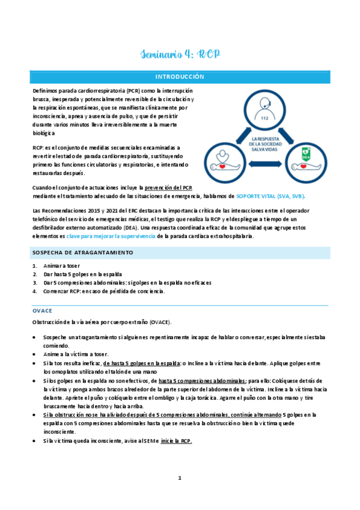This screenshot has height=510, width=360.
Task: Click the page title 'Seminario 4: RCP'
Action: coord(180,55)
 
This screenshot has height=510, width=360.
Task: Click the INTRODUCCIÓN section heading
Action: coord(180,77)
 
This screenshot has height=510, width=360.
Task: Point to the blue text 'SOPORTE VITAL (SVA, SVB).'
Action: coord(270,196)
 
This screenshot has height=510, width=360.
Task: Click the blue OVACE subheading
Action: coord(42,310)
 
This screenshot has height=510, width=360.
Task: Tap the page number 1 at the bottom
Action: coord(179,478)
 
